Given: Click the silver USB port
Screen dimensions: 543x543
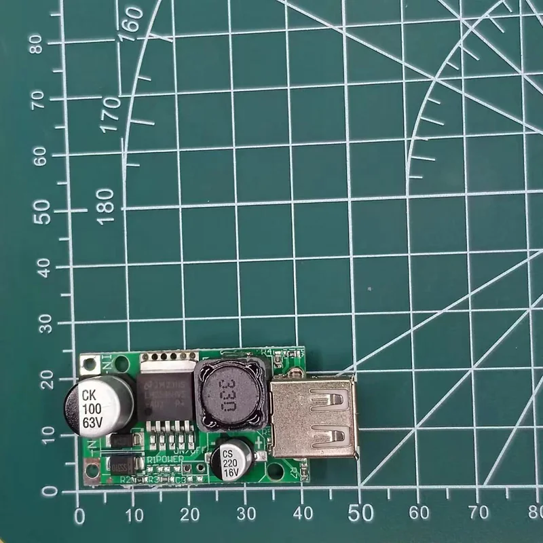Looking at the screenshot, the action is [312, 418].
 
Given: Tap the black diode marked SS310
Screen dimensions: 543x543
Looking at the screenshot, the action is [121, 466].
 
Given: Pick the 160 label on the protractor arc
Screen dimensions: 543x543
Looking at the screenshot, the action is [130, 25].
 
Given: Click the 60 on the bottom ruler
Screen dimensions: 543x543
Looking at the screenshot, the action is [422, 512].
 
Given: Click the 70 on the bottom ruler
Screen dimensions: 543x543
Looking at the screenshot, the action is [479, 512].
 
